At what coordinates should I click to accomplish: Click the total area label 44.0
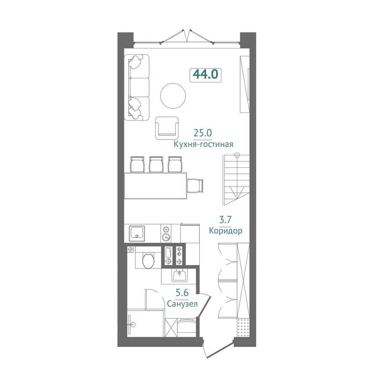(x=206, y=74)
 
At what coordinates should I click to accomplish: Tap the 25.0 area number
(x=203, y=133)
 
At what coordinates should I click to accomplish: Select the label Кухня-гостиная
(x=203, y=144)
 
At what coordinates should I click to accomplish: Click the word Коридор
(x=226, y=230)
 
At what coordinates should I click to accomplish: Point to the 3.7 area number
(x=225, y=220)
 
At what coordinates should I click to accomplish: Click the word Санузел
(x=182, y=304)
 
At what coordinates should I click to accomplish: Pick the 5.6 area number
(x=182, y=293)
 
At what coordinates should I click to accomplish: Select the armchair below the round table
(x=167, y=128)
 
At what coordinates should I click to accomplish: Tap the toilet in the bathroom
(x=148, y=261)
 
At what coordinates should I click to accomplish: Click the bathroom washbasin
(x=180, y=276)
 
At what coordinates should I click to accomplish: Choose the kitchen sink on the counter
(x=137, y=234)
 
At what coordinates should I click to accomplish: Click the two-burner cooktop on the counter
(x=166, y=234)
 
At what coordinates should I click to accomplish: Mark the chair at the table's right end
(x=195, y=186)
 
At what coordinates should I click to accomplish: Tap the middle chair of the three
(x=156, y=164)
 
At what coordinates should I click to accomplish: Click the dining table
(x=156, y=186)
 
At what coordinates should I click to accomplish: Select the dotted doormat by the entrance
(x=243, y=328)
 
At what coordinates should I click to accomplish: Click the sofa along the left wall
(x=137, y=87)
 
